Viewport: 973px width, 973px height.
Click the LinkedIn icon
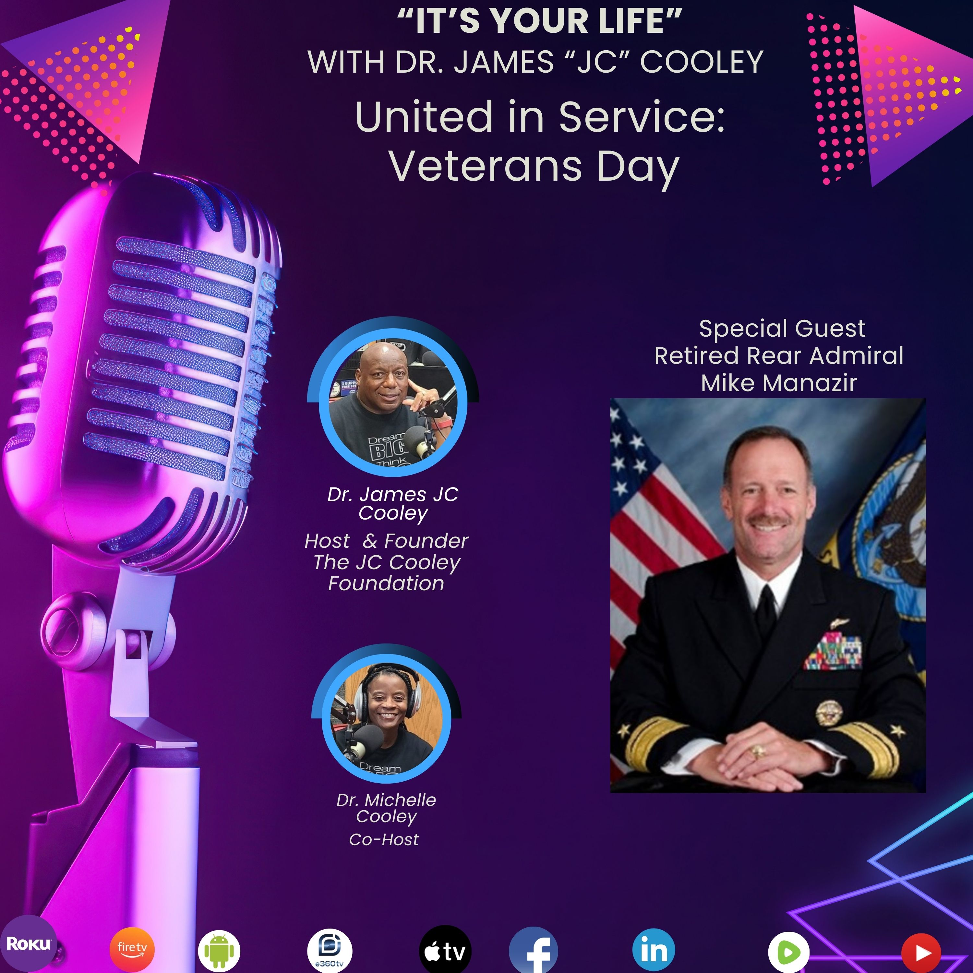click(x=654, y=950)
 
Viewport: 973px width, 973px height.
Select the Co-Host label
click(x=384, y=840)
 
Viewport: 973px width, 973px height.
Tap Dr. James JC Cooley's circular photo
click(x=393, y=402)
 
